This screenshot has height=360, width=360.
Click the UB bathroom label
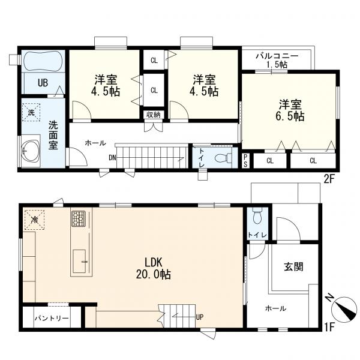43,83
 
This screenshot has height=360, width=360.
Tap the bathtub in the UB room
43,60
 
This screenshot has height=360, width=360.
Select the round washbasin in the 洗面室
30,151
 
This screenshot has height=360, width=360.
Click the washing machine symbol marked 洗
31,112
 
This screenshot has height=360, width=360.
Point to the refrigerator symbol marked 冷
34,220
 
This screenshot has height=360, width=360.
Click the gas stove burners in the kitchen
78,218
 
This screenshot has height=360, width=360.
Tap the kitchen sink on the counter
79,261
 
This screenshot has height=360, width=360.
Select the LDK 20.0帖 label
154,268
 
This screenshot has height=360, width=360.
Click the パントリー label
52,319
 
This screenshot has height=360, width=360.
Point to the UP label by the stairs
200,317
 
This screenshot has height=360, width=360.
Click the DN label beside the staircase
113,157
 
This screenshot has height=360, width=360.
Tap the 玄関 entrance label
293,267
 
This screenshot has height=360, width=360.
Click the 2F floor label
329,179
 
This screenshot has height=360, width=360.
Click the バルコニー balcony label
277,56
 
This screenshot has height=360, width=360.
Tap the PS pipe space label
245,161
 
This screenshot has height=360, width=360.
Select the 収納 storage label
154,115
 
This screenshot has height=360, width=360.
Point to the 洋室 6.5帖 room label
290,110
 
